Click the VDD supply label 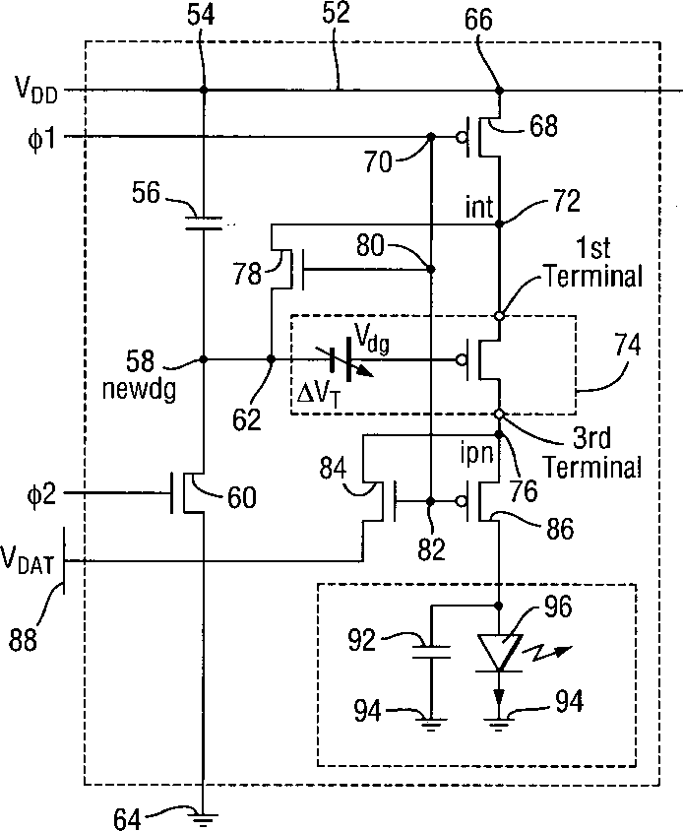(x=34, y=93)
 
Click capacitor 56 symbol (x=203, y=225)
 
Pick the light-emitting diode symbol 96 (x=500, y=653)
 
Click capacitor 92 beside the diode (x=429, y=650)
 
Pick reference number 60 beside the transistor (x=241, y=498)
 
